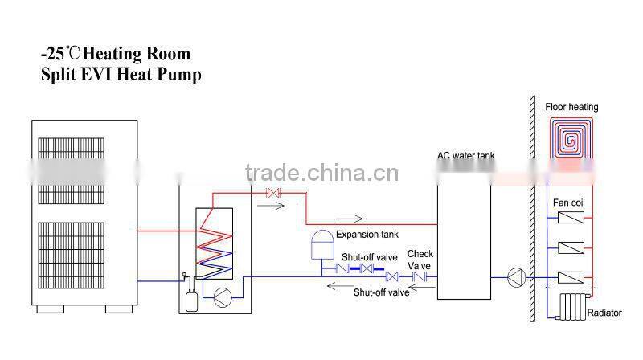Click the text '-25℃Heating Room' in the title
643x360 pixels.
click(116, 55)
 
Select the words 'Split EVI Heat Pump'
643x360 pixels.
click(121, 76)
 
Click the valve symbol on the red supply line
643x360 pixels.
click(272, 193)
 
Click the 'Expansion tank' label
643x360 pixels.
click(367, 235)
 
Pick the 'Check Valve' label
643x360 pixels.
click(420, 259)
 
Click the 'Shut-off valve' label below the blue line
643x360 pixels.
click(382, 292)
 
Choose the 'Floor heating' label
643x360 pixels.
click(571, 107)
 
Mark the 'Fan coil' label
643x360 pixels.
click(568, 202)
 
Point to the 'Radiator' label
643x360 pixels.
click(604, 313)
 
